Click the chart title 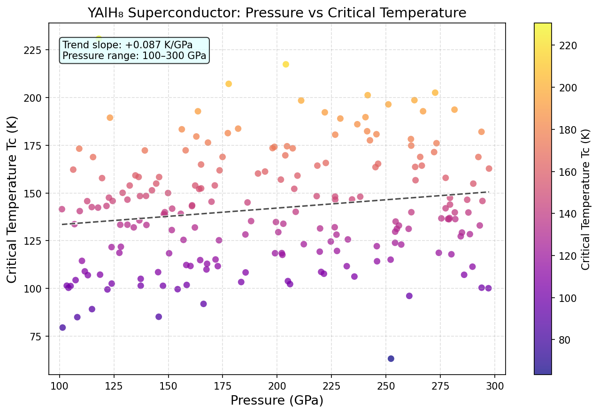tap(277, 13)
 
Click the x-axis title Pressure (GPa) tap(277, 400)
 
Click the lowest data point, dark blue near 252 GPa tap(391, 359)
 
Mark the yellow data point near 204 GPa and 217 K tap(286, 64)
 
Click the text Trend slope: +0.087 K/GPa tap(128, 45)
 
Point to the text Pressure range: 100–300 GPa tap(134, 56)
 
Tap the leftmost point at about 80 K tap(62, 328)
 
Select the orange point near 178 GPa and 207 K tap(229, 84)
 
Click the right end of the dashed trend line tap(489, 192)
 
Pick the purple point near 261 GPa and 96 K tap(409, 296)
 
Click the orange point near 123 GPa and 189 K tap(110, 118)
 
